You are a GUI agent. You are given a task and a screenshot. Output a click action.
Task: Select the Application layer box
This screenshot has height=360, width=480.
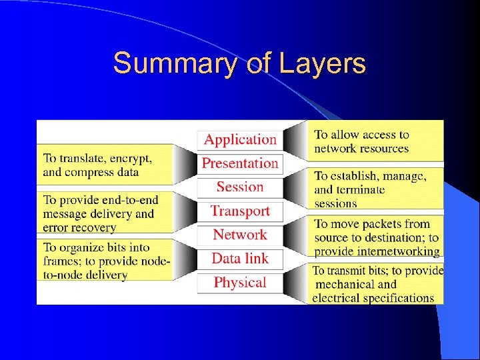(x=240, y=139)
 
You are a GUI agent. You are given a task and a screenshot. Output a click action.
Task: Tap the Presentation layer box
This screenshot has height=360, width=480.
(x=240, y=163)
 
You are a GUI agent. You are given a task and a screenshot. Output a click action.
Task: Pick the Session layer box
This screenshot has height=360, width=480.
(x=240, y=187)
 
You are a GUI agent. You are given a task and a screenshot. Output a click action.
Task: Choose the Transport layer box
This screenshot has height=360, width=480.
(x=240, y=211)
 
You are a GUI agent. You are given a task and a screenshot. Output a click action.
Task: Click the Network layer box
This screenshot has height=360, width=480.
(x=240, y=235)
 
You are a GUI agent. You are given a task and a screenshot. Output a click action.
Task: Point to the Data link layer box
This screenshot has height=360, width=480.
(x=240, y=259)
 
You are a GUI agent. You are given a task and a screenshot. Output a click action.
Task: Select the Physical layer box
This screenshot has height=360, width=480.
(x=240, y=283)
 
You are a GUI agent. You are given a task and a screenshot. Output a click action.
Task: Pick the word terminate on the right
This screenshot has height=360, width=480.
(x=360, y=189)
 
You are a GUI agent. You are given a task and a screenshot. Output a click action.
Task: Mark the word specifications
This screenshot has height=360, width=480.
(x=393, y=297)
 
